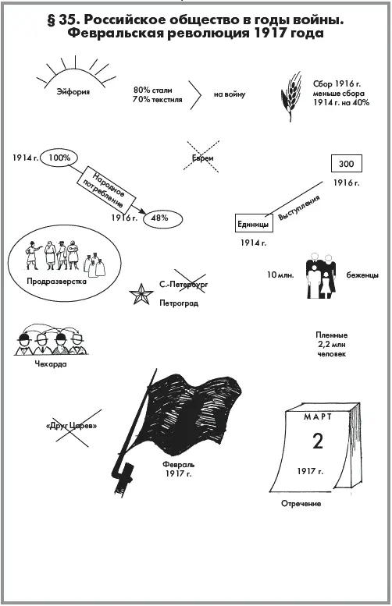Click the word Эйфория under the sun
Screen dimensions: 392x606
click(x=73, y=92)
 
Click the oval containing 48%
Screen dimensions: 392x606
click(x=162, y=218)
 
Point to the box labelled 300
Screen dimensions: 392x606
click(x=347, y=164)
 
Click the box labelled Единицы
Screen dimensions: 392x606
click(x=254, y=223)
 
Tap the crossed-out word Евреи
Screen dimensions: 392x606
click(x=203, y=158)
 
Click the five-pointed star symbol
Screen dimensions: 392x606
click(x=141, y=295)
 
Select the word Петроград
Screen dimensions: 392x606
click(x=179, y=303)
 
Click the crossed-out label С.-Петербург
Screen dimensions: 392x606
click(x=184, y=285)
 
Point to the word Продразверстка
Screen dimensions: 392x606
click(x=56, y=282)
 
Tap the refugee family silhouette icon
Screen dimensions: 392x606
click(x=321, y=275)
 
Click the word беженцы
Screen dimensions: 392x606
click(x=362, y=275)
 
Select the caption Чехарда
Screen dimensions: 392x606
click(x=51, y=364)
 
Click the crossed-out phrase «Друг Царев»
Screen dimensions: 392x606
click(x=71, y=427)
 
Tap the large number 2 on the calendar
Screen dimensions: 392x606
click(x=318, y=441)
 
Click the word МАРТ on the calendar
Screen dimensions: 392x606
click(x=318, y=416)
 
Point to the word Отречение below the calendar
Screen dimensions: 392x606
click(x=301, y=504)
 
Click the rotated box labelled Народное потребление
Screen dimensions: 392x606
click(x=109, y=190)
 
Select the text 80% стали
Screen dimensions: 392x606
click(x=153, y=90)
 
